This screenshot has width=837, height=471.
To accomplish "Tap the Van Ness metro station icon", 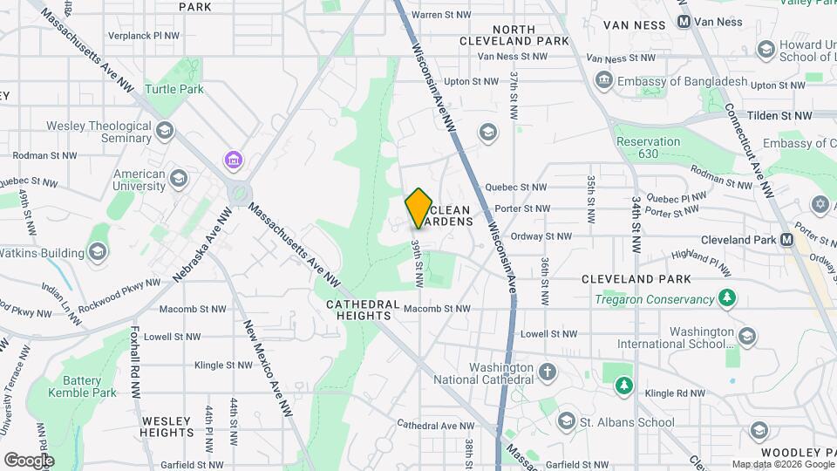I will [x=684, y=21].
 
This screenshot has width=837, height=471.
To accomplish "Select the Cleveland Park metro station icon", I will [x=787, y=239].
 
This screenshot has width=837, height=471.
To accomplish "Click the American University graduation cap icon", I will [x=178, y=179].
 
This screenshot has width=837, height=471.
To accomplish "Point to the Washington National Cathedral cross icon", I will [x=548, y=373].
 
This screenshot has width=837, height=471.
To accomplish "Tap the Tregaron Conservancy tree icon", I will [x=725, y=299].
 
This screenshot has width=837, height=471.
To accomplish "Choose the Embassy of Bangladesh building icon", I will [x=603, y=81].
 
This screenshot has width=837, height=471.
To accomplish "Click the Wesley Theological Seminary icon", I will [x=165, y=132].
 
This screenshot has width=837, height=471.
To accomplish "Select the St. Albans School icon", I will [x=566, y=422].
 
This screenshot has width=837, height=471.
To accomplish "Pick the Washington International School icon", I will [x=746, y=336].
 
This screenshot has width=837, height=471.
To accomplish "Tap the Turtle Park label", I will [x=174, y=89].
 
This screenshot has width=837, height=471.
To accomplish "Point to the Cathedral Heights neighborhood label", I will [x=363, y=310].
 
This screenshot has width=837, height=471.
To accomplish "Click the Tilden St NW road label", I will [x=779, y=115].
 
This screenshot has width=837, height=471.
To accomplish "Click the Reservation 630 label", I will [x=647, y=147].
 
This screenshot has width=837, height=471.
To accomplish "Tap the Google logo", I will [x=29, y=460].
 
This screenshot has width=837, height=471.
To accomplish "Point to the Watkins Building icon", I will [x=97, y=253].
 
